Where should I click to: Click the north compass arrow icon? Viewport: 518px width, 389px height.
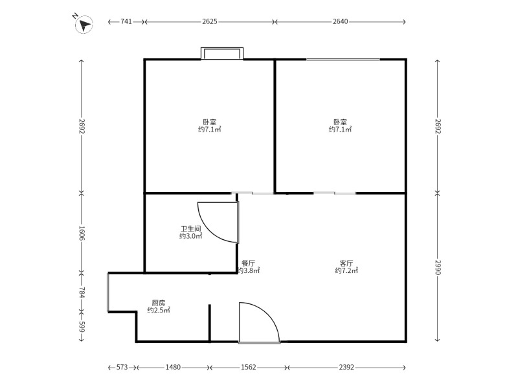point(84,25)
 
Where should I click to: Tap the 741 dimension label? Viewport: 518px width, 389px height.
point(126,21)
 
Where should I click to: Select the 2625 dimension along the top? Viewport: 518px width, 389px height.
point(210,21)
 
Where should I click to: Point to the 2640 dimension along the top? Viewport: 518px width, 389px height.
point(341,21)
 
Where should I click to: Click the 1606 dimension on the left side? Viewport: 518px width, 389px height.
point(82,233)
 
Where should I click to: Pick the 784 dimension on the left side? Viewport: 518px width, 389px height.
point(82,293)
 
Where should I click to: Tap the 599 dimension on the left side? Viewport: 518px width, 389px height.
point(82,327)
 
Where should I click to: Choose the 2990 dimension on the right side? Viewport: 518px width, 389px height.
point(438,267)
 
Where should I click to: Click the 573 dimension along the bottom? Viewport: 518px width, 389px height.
point(122,367)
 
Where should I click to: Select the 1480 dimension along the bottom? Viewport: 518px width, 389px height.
point(173,367)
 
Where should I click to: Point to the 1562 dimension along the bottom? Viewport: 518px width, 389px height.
point(249,367)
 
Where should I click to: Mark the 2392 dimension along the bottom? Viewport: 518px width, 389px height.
point(346,367)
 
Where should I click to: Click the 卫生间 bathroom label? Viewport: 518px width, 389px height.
point(190,229)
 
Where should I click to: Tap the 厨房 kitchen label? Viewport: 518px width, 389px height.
point(159,303)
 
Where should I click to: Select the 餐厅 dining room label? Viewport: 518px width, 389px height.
point(248,263)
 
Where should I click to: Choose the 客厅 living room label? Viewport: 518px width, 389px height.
point(346,263)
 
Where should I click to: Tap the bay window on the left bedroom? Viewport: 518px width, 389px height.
point(222,54)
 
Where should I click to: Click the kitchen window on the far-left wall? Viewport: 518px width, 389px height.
point(107,292)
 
